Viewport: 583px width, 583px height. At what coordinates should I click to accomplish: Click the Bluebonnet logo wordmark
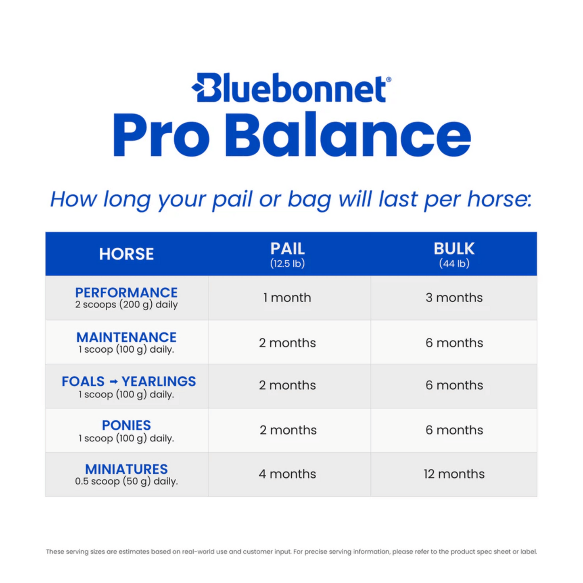click(x=291, y=88)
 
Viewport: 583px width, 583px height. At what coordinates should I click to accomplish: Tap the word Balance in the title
click(x=348, y=135)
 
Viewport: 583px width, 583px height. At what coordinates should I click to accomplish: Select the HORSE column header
click(x=126, y=254)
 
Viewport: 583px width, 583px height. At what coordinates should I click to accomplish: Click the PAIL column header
click(x=287, y=249)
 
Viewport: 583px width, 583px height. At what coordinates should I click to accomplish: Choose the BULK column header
click(x=454, y=249)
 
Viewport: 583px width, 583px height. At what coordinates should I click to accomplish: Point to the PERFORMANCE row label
click(x=126, y=293)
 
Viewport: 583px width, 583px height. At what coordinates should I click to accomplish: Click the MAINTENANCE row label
click(x=126, y=337)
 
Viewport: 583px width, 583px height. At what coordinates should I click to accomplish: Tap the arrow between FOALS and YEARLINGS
click(x=113, y=382)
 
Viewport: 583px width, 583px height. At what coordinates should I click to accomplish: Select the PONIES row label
click(x=126, y=425)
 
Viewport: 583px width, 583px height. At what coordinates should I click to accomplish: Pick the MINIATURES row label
click(x=126, y=469)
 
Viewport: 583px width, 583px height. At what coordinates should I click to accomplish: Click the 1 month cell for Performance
click(x=287, y=298)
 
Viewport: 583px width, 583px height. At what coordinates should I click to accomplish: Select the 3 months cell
click(x=454, y=298)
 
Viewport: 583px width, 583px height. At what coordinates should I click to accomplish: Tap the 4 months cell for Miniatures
click(x=287, y=474)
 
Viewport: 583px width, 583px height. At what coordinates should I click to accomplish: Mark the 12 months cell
click(x=454, y=474)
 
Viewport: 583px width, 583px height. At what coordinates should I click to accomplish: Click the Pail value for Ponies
click(x=288, y=430)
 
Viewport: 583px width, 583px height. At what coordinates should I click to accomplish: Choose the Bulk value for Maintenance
click(x=454, y=343)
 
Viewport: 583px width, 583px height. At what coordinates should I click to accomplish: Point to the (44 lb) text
click(x=454, y=264)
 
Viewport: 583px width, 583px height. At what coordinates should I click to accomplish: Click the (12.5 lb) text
click(x=287, y=264)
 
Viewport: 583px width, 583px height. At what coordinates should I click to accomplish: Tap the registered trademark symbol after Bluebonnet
click(x=389, y=79)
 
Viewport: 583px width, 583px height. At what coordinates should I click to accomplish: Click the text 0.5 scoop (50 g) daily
click(x=126, y=481)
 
